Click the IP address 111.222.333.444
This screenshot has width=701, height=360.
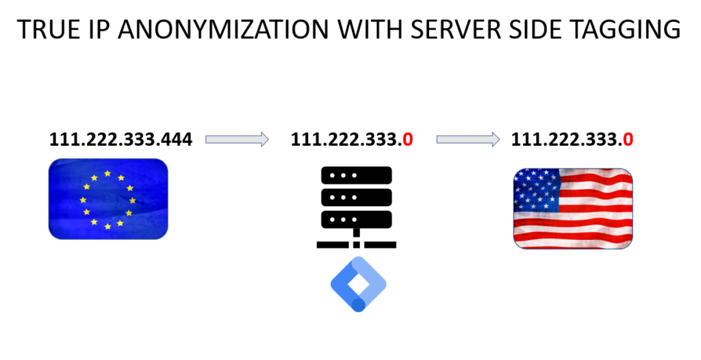pyautogui.click(x=120, y=140)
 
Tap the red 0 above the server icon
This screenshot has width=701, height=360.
pyautogui.click(x=408, y=140)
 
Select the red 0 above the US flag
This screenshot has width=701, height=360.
pyautogui.click(x=628, y=140)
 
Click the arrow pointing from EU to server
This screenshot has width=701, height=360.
pyautogui.click(x=237, y=140)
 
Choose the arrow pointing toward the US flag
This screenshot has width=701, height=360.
pyautogui.click(x=468, y=140)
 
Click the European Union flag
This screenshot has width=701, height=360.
pyautogui.click(x=108, y=199)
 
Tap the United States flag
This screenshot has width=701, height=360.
pyautogui.click(x=573, y=208)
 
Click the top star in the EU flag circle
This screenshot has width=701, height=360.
pyautogui.click(x=107, y=174)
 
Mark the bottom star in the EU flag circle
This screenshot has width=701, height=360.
pyautogui.click(x=107, y=227)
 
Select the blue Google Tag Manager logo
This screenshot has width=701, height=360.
pyautogui.click(x=358, y=284)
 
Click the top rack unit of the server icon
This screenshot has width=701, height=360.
pyautogui.click(x=356, y=175)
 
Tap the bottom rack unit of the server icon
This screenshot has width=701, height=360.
pyautogui.click(x=356, y=220)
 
